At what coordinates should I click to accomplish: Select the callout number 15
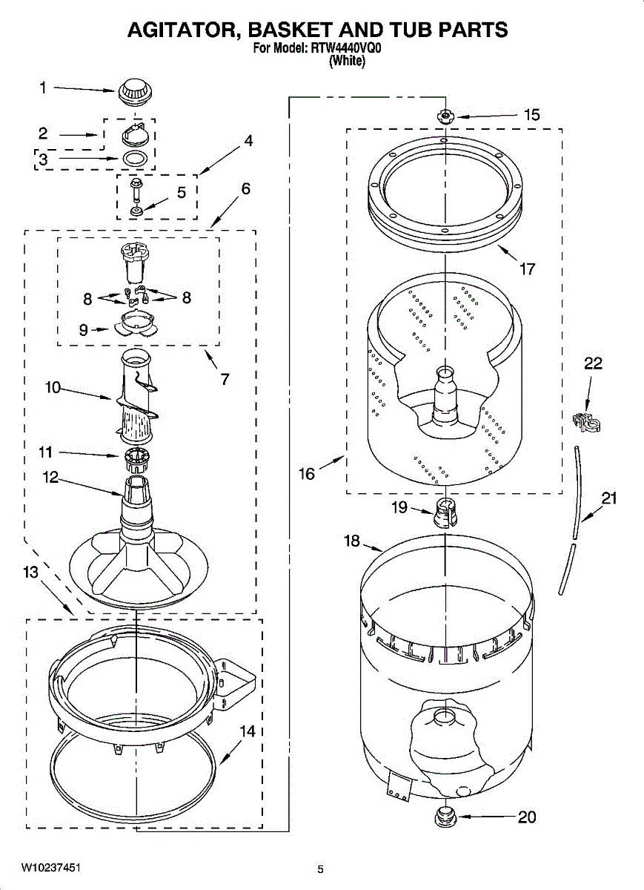pyautogui.click(x=531, y=115)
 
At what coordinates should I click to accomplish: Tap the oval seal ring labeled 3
pyautogui.click(x=135, y=158)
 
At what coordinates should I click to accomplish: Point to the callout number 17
pyautogui.click(x=527, y=268)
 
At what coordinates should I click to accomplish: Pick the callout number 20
pyautogui.click(x=526, y=817)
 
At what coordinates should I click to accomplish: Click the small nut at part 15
pyautogui.click(x=445, y=115)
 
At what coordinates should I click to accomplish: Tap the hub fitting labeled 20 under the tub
pyautogui.click(x=445, y=817)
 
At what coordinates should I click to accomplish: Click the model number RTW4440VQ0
pyautogui.click(x=347, y=50)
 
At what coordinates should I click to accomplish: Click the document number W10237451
pyautogui.click(x=50, y=868)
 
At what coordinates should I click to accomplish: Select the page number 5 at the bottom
pyautogui.click(x=321, y=869)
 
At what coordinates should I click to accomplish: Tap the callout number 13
pyautogui.click(x=30, y=572)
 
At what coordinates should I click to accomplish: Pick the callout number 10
pyautogui.click(x=53, y=387)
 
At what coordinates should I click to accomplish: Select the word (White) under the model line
pyautogui.click(x=346, y=62)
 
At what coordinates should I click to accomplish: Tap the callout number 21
pyautogui.click(x=608, y=498)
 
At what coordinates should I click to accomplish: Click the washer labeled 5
pyautogui.click(x=137, y=211)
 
